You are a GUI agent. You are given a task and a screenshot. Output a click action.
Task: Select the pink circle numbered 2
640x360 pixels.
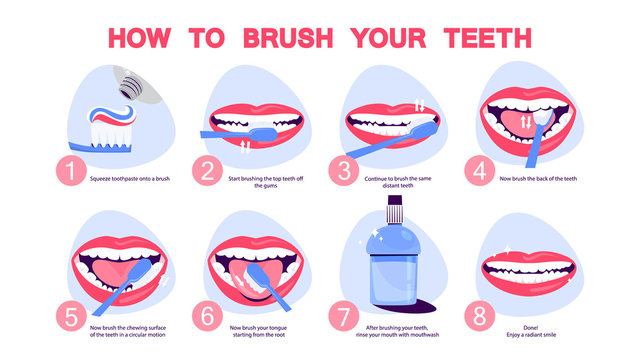(206, 171)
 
